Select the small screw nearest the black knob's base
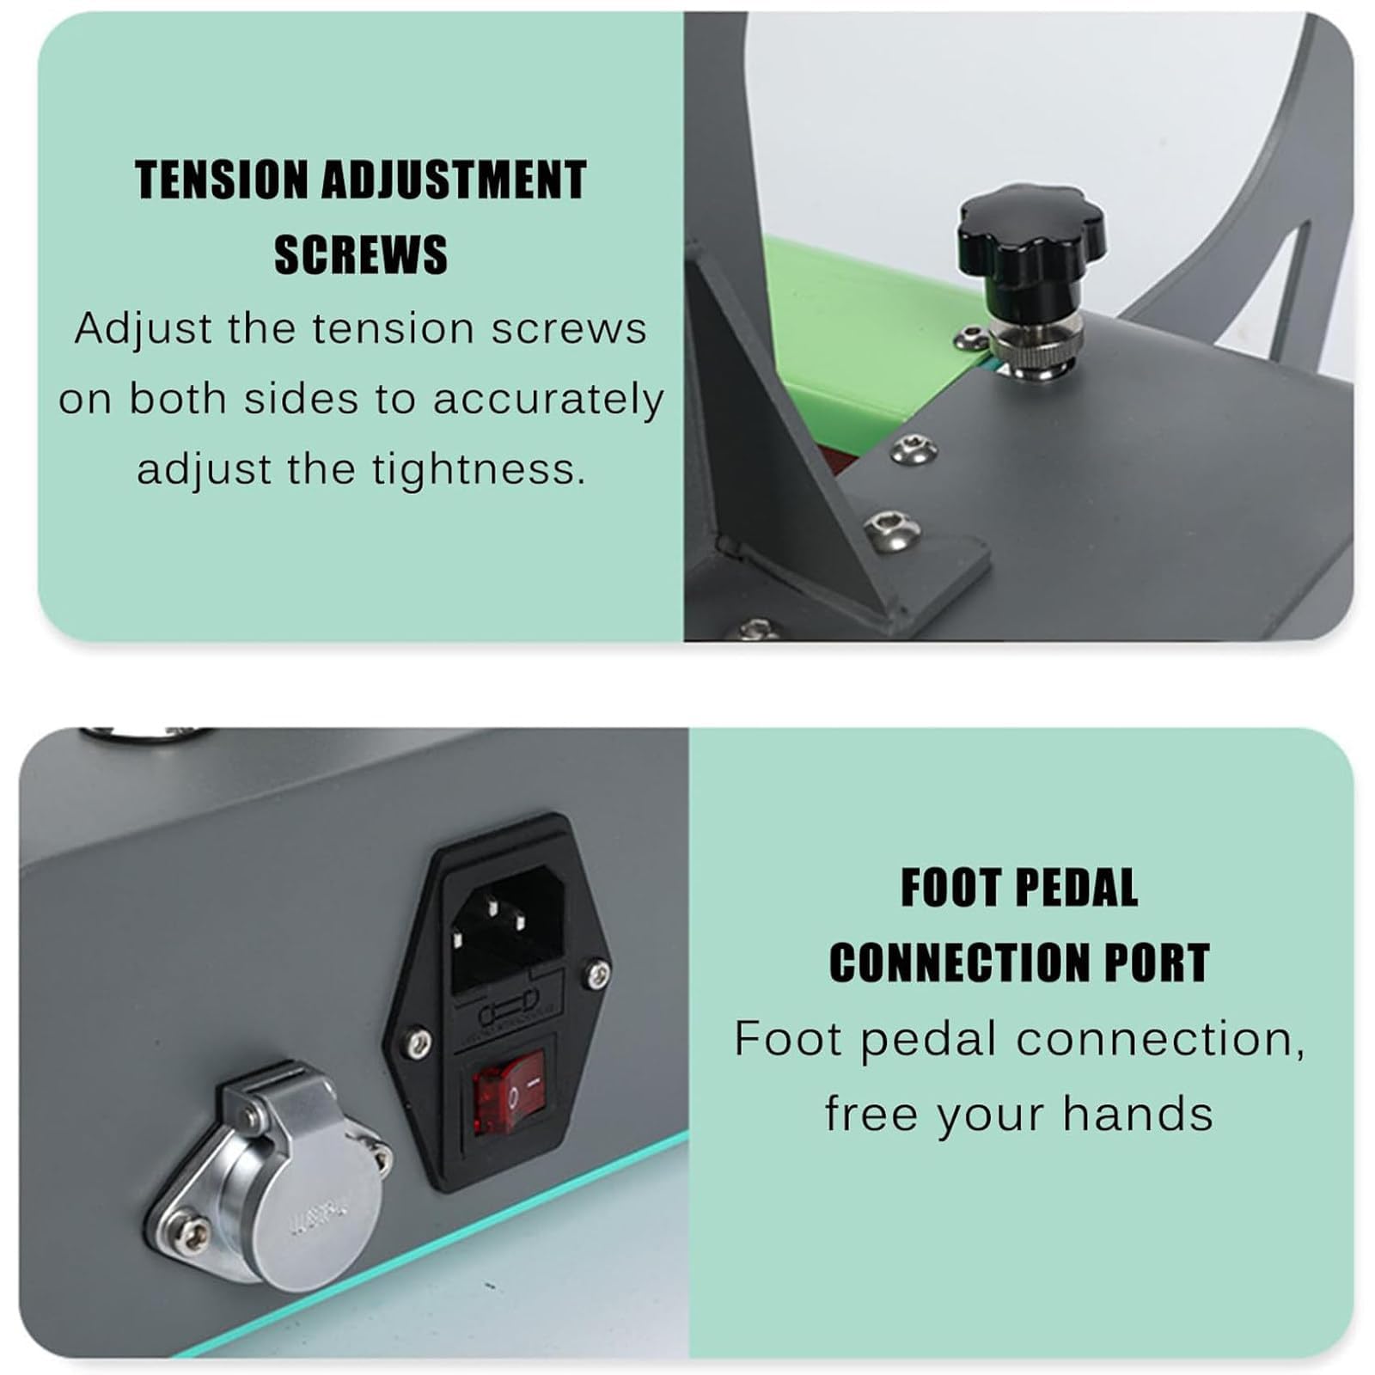pyautogui.click(x=970, y=338)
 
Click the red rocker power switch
pyautogui.click(x=510, y=1097)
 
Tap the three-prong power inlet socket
pyautogui.click(x=508, y=928)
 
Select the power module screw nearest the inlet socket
pyautogui.click(x=598, y=974)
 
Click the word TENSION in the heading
pyautogui.click(x=222, y=180)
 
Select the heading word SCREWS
pyautogui.click(x=361, y=254)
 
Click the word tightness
pyautogui.click(x=478, y=469)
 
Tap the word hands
pyautogui.click(x=1138, y=1114)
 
